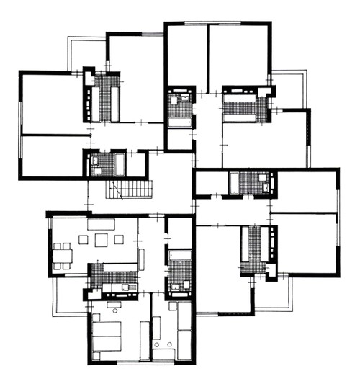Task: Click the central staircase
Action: (x=129, y=190)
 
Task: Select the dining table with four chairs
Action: (x=63, y=256)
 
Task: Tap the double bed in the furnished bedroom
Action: (x=107, y=336)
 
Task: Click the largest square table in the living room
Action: (x=99, y=241)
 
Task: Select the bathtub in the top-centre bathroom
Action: (x=180, y=122)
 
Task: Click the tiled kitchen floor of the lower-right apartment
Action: (x=253, y=249)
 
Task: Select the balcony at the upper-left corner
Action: (x=87, y=54)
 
